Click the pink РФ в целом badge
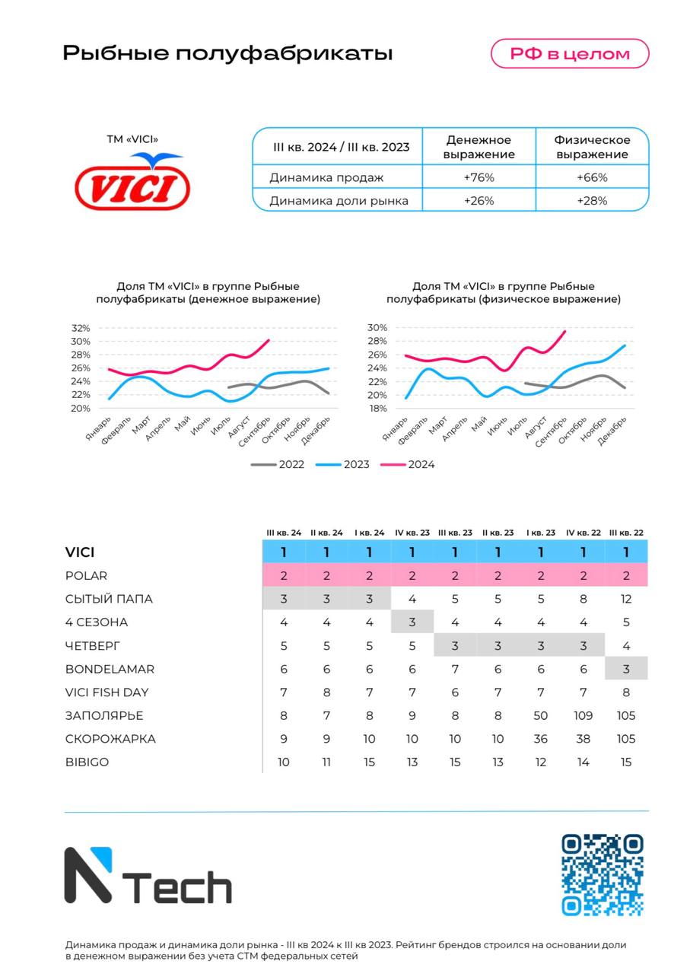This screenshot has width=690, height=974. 570,53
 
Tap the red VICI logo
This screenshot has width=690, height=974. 132,181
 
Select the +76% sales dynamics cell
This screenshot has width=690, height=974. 479,177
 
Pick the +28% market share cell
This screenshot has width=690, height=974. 592,201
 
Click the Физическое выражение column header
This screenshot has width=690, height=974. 592,147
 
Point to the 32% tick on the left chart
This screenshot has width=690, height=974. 81,328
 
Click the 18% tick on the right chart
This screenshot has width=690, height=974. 377,409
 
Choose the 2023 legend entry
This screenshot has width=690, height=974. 342,464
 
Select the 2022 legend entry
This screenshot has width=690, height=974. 278,464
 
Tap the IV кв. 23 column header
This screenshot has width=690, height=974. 412,533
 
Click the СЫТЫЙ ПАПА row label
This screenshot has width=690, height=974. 109,599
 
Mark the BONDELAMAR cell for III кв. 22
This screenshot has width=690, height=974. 626,669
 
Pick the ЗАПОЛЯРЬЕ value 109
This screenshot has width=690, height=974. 583,715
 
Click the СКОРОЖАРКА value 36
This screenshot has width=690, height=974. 540,739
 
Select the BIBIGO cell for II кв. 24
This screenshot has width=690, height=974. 326,762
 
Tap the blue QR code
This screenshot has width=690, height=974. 603,874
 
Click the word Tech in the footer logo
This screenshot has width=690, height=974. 177,887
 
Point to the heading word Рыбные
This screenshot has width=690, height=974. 116,54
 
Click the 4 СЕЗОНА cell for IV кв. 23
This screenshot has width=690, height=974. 412,622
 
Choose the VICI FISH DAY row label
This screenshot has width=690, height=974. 107,692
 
